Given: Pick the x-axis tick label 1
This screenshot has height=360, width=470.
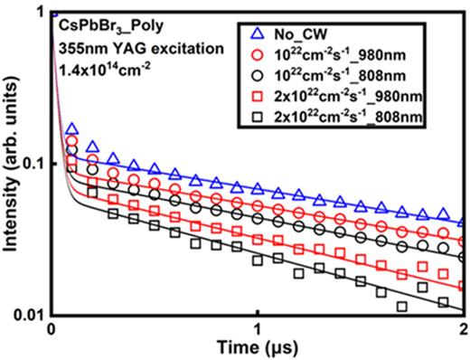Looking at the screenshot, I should point(258,328).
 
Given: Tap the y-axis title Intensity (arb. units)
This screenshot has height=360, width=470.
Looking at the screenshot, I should point(11,163).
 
